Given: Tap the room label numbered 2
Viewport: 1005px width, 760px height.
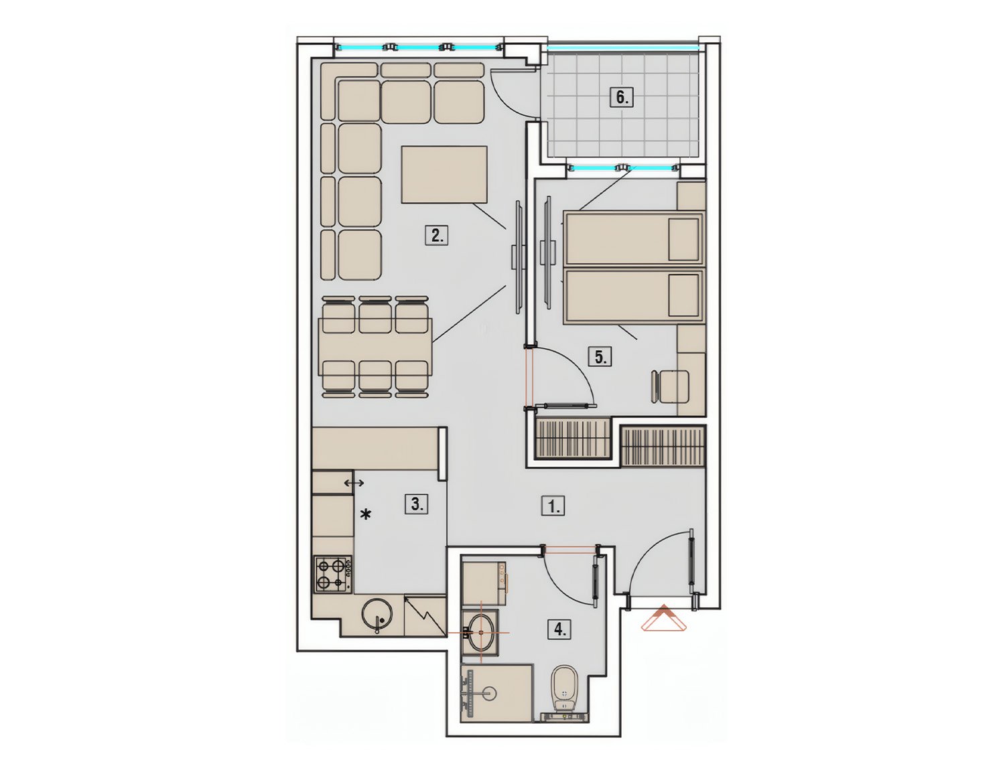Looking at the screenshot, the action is tap(437, 236).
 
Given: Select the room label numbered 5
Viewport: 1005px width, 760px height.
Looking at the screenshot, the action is tap(600, 356).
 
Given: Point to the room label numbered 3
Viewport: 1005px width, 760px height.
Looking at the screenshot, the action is tap(416, 504).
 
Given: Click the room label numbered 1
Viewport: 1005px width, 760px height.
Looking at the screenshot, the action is tap(553, 506).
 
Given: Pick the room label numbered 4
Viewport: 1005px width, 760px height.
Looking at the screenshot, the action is tap(559, 629).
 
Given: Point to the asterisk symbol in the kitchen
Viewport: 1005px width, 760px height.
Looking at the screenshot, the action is tap(366, 515).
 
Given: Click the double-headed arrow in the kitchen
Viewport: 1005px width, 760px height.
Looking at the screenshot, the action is tap(354, 483).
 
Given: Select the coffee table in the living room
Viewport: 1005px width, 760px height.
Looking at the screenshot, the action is tap(444, 174).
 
